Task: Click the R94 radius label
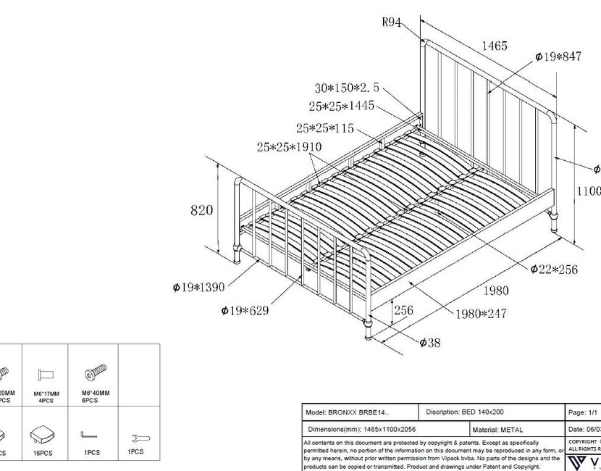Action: tap(392, 22)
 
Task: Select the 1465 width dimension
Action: tap(495, 46)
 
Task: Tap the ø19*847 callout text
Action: tap(558, 57)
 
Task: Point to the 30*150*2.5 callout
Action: tap(347, 88)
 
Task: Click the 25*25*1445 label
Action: tap(341, 107)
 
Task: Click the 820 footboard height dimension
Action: tap(202, 210)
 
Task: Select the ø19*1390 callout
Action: tap(199, 288)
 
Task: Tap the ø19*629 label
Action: tap(245, 311)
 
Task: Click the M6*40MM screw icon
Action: tap(95, 373)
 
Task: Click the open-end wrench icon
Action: tap(136, 437)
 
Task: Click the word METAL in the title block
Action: tap(511, 430)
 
